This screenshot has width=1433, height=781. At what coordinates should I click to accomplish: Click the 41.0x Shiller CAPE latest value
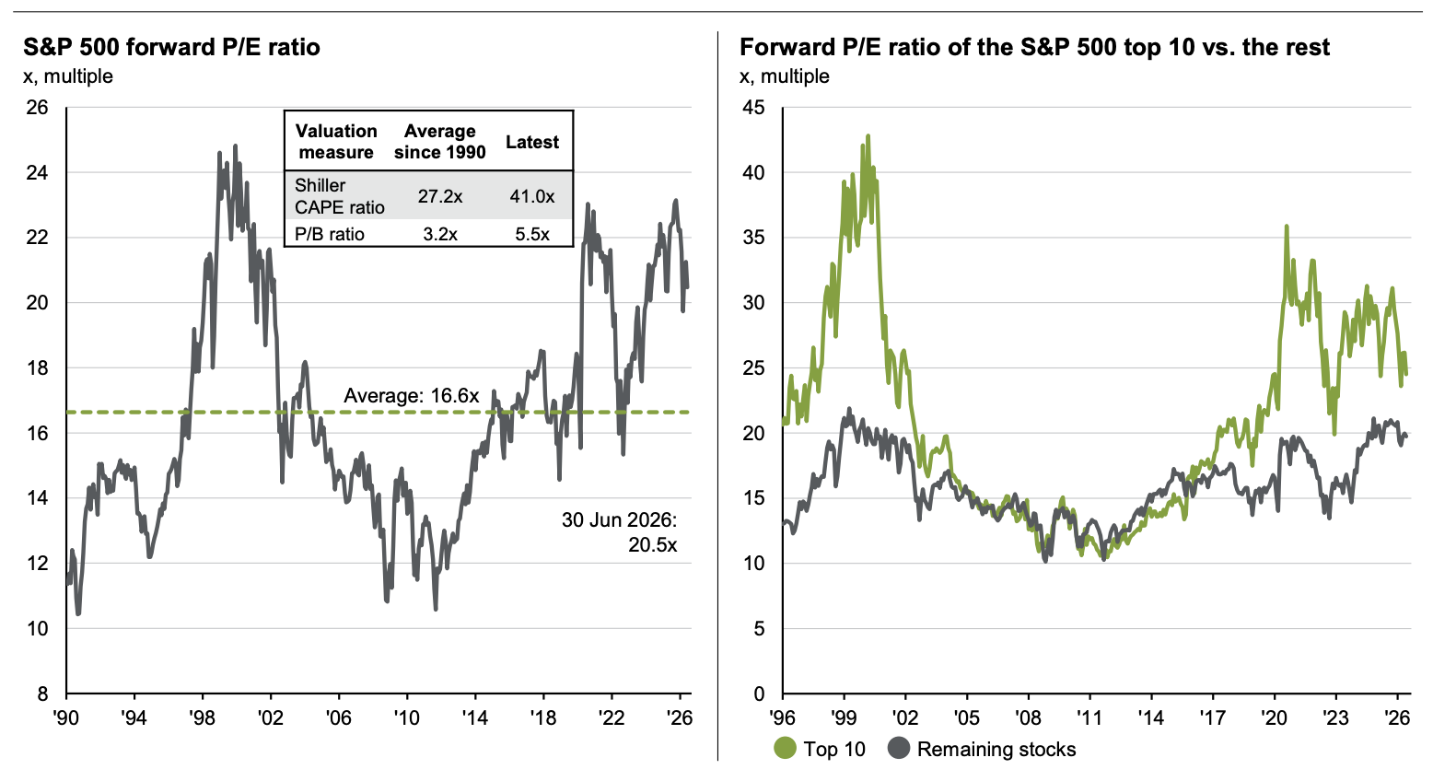point(531,196)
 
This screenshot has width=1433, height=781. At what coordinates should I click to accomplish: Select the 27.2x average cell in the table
point(440,196)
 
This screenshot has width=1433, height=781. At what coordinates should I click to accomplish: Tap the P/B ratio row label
point(330,234)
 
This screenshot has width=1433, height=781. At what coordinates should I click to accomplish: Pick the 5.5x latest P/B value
point(532,234)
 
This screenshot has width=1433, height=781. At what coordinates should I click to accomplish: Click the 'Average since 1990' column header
point(440,141)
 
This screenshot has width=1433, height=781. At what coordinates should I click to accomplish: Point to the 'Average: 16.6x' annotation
point(412,396)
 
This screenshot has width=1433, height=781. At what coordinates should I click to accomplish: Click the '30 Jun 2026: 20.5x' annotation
point(619,532)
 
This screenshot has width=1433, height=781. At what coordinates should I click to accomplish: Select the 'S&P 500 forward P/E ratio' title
point(171,47)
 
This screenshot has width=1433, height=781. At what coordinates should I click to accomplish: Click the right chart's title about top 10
point(1034,47)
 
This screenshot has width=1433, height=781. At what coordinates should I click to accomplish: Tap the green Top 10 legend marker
point(785,749)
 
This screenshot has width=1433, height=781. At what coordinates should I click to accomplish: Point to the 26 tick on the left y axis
point(37,108)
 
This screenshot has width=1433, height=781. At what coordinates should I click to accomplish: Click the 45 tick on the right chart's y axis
point(753,108)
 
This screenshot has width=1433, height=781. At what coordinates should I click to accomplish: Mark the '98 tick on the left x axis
point(203,718)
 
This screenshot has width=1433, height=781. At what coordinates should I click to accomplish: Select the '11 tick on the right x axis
point(1089,718)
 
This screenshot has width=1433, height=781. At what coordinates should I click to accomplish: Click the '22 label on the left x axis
point(611,718)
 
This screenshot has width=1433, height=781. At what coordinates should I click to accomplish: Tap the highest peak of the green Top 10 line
point(868,135)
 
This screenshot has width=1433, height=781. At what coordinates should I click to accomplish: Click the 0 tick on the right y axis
point(759,694)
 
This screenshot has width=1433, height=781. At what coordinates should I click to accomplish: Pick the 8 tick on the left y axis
point(43,694)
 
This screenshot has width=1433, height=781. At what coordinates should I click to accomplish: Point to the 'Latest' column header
point(532,142)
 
